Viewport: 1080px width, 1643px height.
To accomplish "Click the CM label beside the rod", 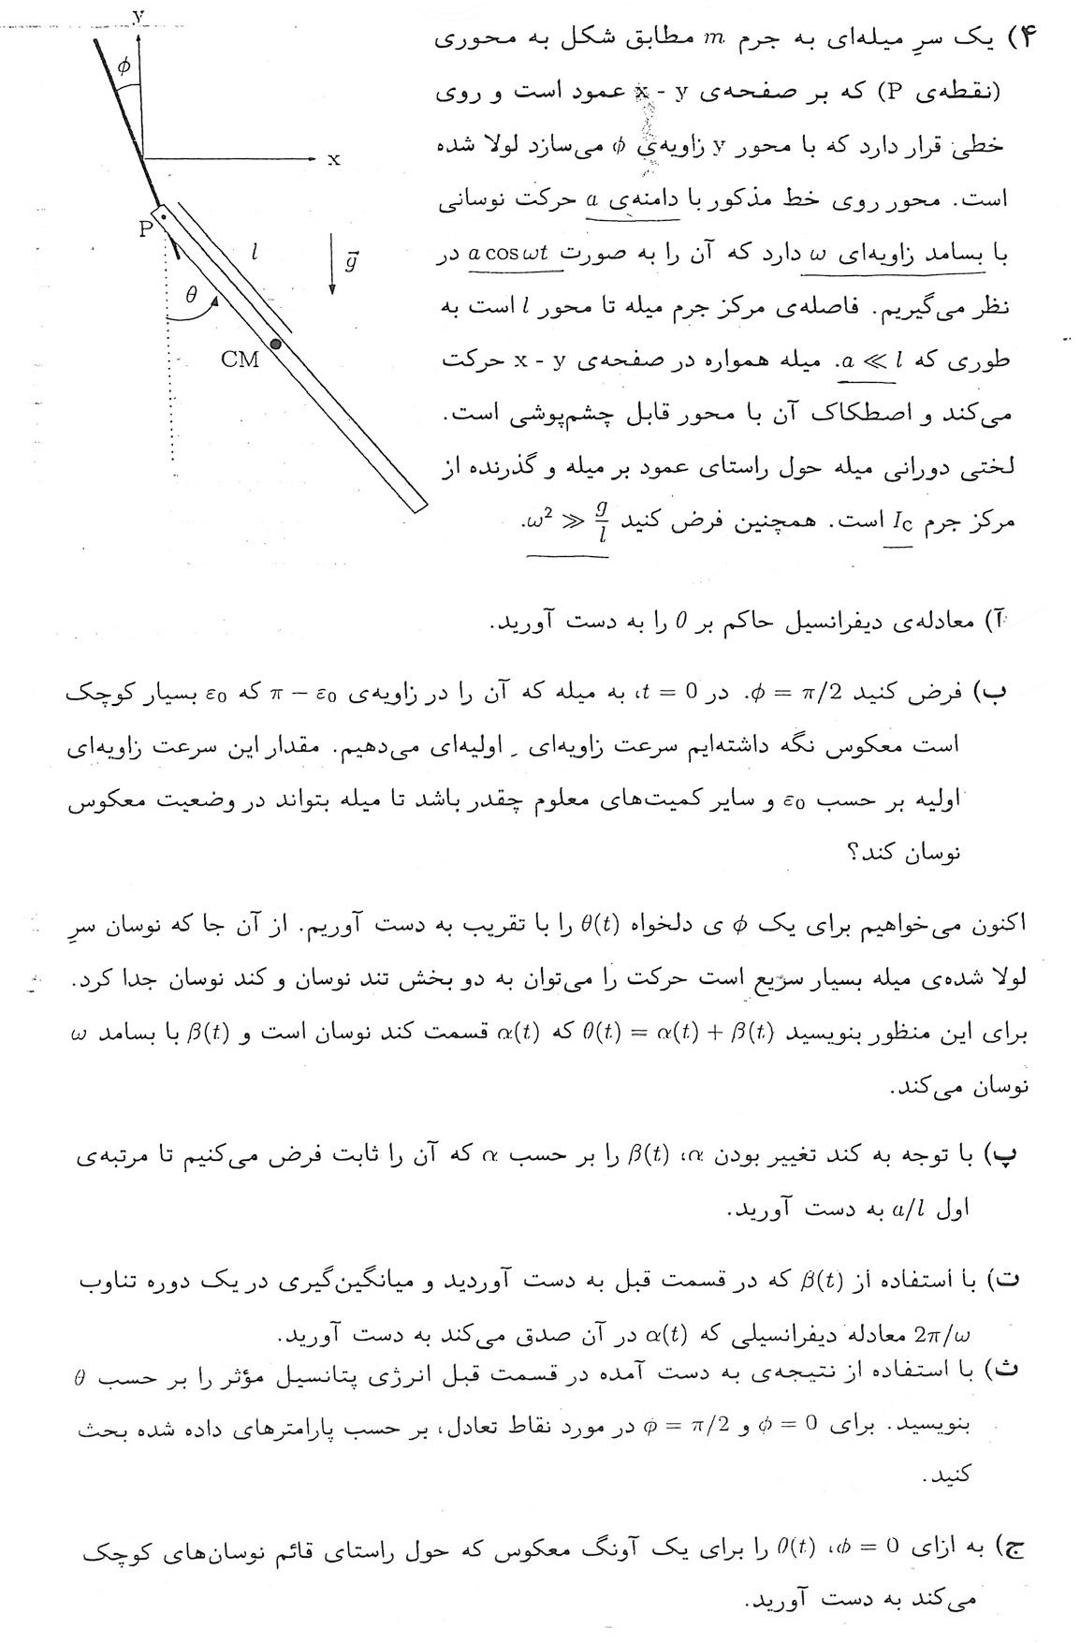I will pyautogui.click(x=241, y=360).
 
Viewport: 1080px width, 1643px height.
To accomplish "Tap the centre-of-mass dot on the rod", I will pyautogui.click(x=276, y=344).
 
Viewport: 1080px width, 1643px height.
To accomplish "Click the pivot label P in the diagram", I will pyautogui.click(x=145, y=228).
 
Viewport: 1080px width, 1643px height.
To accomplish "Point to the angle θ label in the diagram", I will pyautogui.click(x=191, y=295).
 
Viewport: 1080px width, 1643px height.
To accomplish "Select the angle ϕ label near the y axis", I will pyautogui.click(x=124, y=66).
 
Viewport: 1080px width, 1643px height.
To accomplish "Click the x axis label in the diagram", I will pyautogui.click(x=332, y=160).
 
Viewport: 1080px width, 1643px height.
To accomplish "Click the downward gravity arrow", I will pyautogui.click(x=332, y=268).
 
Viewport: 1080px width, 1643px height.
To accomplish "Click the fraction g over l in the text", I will pyautogui.click(x=602, y=518).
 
